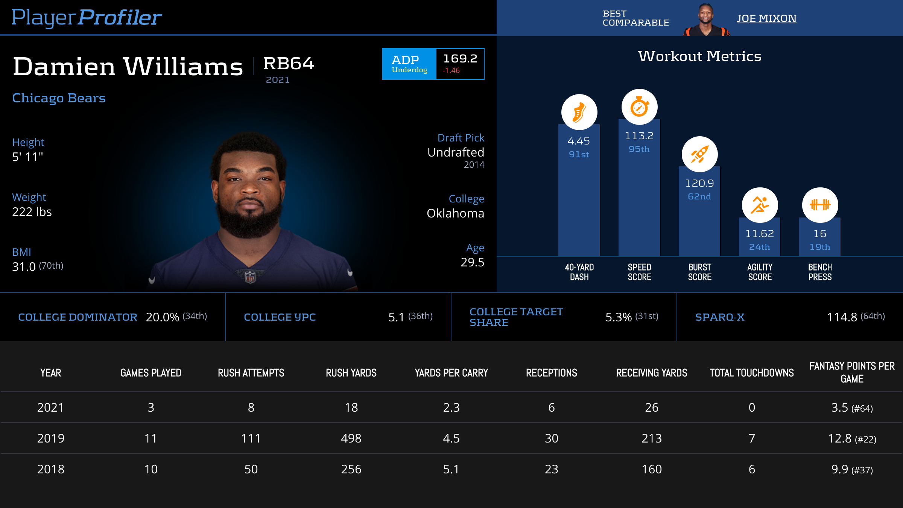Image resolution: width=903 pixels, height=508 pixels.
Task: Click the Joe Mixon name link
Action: [766, 18]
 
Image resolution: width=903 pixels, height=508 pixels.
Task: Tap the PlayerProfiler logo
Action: [87, 17]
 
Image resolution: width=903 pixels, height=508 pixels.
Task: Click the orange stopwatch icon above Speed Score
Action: [639, 107]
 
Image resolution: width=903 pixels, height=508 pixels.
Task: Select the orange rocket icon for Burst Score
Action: [699, 154]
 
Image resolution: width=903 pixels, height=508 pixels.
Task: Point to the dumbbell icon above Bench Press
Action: [820, 205]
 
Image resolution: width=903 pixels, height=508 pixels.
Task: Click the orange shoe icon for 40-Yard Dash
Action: [579, 112]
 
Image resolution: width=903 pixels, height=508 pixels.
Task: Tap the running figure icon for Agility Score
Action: [760, 205]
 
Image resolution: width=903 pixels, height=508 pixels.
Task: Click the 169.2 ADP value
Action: [460, 59]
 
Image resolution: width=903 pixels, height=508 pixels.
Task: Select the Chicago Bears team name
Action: [59, 98]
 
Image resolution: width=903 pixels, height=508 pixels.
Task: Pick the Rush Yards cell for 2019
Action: [351, 438]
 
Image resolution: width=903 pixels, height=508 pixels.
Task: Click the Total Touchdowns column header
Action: [752, 373]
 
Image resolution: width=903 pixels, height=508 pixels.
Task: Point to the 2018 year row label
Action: [51, 469]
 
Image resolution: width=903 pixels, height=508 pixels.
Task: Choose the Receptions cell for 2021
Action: [552, 408]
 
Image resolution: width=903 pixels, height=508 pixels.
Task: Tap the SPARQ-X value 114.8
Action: [842, 317]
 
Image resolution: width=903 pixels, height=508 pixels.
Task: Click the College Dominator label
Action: [78, 317]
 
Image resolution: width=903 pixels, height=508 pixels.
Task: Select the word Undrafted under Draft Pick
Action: [456, 152]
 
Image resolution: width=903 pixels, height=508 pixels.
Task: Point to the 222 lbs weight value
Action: [32, 212]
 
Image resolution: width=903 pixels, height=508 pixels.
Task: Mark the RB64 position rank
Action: [289, 64]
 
